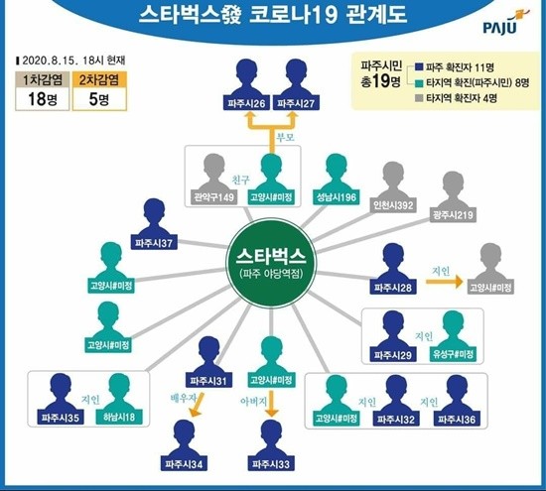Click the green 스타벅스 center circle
click(271, 264)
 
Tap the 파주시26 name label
click(246, 103)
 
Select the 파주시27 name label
click(296, 103)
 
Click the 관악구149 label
click(213, 197)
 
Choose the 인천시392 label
click(393, 205)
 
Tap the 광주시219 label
click(453, 215)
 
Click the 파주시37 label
click(154, 243)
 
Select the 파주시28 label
click(393, 288)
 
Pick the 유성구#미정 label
click(453, 354)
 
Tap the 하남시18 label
click(119, 418)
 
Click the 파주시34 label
click(184, 464)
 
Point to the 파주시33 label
click(271, 464)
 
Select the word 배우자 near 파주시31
click(184, 398)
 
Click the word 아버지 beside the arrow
click(253, 402)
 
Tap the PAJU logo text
click(500, 28)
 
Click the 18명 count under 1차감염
click(42, 99)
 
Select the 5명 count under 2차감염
click(99, 99)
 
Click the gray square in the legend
click(419, 98)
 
